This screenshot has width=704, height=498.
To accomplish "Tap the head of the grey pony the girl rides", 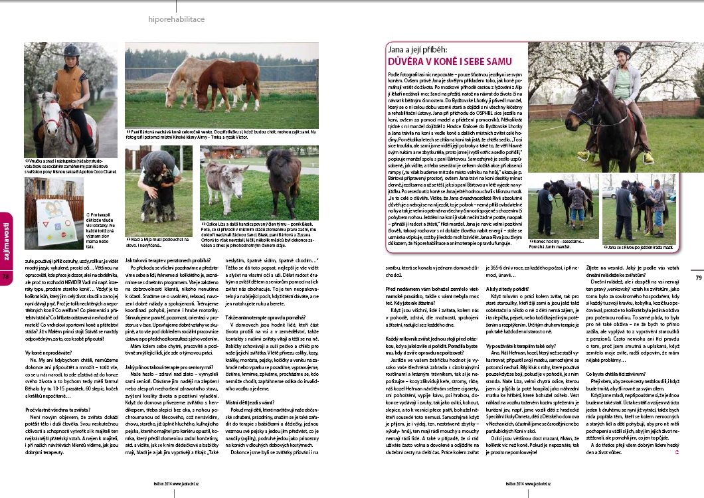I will click(x=47, y=111).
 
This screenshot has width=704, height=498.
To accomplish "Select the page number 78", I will click(x=6, y=258).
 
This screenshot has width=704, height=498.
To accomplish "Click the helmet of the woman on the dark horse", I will click(x=622, y=50).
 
